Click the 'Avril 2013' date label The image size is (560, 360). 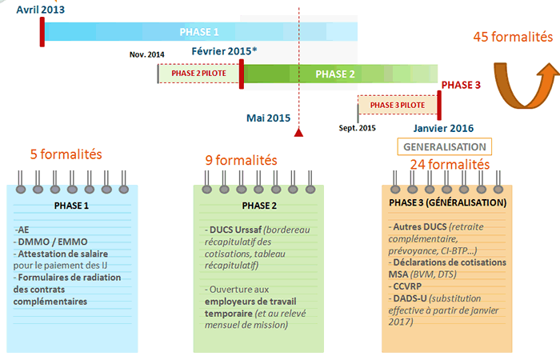[40, 10]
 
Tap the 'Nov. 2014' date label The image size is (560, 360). [146, 54]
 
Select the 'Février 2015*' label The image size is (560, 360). [224, 51]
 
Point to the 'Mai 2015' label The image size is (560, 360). [269, 118]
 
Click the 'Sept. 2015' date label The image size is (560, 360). [357, 128]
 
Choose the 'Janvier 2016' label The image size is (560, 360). [443, 128]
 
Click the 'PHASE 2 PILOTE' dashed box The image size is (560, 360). [198, 74]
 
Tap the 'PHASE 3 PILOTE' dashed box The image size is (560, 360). [398, 105]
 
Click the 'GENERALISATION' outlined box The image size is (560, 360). [445, 146]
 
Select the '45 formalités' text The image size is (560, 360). [513, 37]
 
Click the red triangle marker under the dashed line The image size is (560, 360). [298, 133]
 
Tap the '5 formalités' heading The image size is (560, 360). [66, 154]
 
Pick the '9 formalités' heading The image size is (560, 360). [241, 160]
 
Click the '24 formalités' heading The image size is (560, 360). [450, 164]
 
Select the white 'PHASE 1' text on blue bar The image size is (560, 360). [199, 32]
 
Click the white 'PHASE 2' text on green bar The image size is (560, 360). [335, 74]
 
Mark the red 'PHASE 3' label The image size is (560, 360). [461, 85]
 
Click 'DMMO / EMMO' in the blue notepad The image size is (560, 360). [53, 242]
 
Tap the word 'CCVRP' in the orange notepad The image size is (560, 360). [407, 286]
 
